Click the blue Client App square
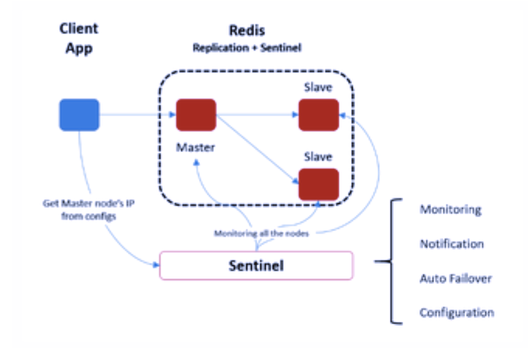79,115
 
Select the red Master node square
195,115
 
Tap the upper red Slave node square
319,114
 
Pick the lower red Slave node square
319,184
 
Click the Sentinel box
256,265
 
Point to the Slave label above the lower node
319,155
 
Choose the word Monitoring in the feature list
450,210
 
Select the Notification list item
451,244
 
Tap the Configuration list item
456,313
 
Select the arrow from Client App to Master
136,116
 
